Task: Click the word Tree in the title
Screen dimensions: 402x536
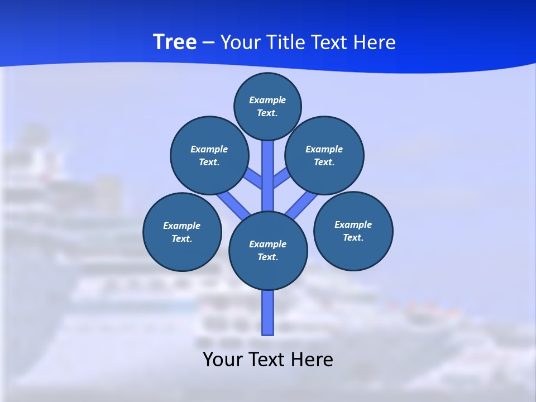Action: (x=175, y=42)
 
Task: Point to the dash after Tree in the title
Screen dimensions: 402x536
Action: (x=208, y=43)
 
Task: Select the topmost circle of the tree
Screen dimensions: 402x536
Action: (x=267, y=106)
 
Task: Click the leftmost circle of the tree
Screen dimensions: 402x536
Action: (x=182, y=232)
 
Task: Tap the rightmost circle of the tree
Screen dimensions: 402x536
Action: (x=353, y=231)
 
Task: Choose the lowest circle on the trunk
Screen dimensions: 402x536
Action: (x=268, y=251)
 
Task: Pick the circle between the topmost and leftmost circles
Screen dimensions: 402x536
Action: (x=209, y=155)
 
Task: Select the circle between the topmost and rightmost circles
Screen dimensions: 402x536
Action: (x=324, y=155)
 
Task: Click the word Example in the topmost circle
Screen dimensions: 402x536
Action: (x=267, y=100)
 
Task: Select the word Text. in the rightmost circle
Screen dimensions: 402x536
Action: (x=353, y=237)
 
